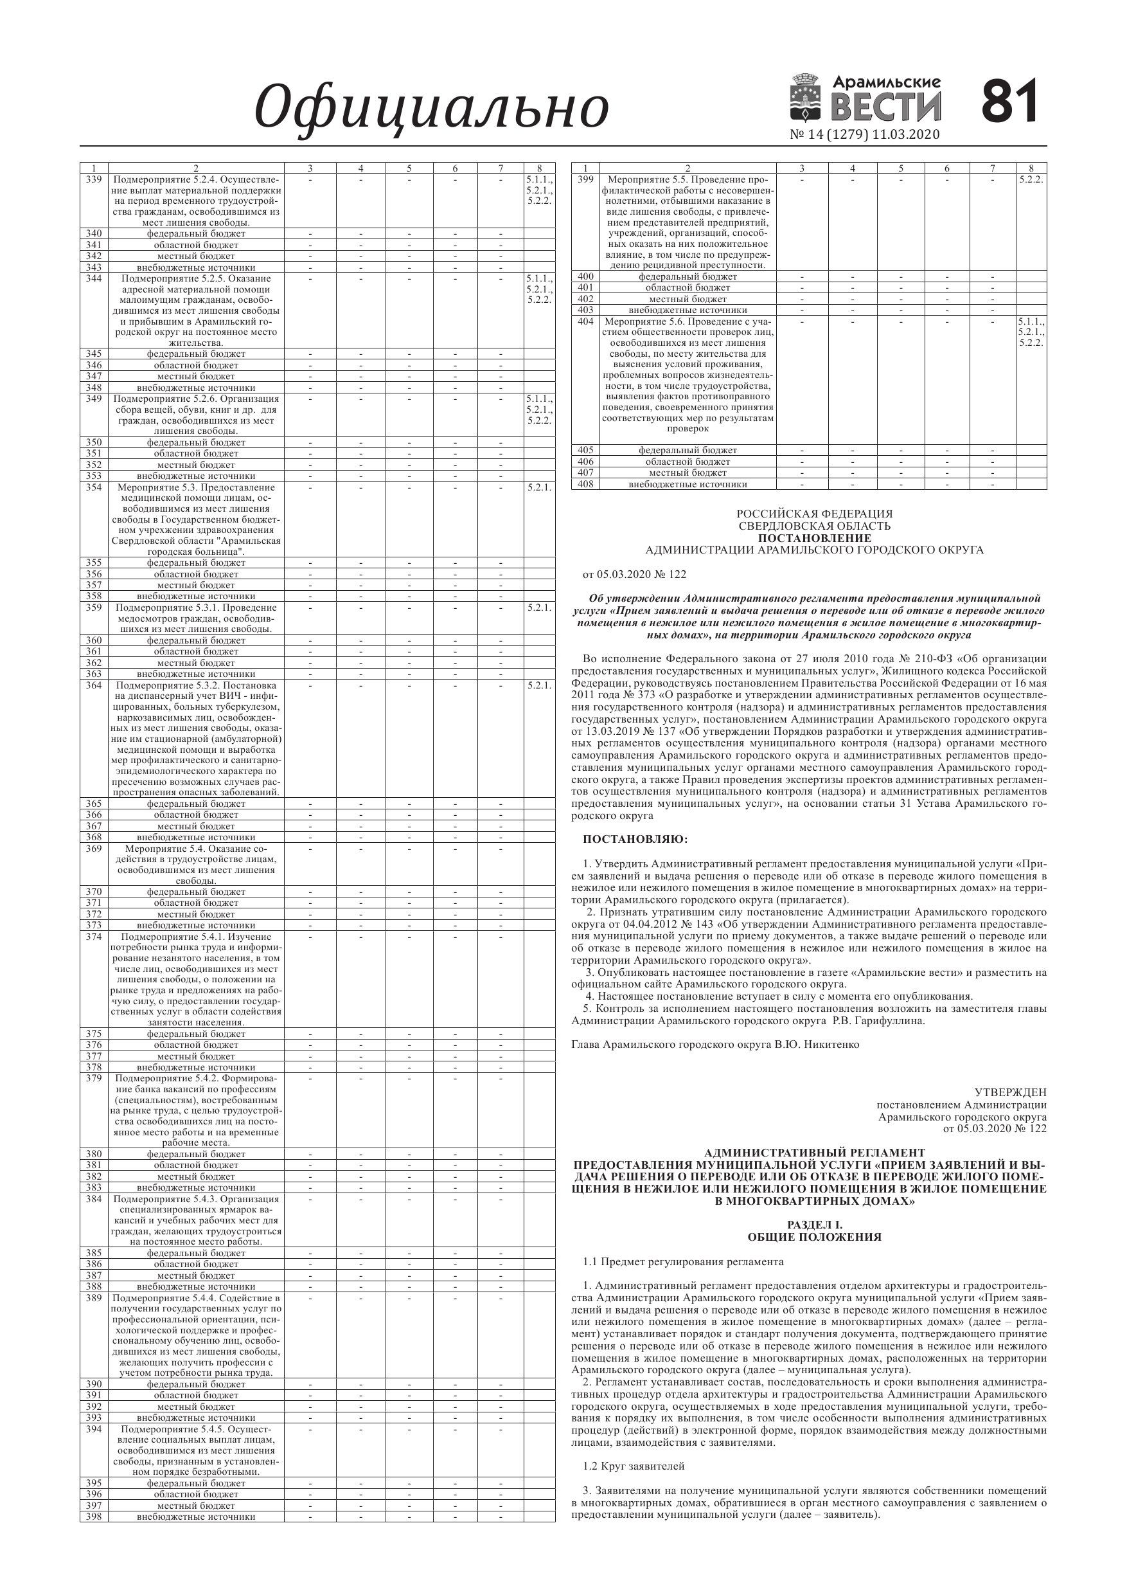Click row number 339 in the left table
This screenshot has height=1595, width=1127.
point(94,179)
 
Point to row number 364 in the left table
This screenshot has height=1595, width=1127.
point(94,685)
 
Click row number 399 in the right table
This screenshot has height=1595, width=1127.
point(585,179)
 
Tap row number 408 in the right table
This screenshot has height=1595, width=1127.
point(585,484)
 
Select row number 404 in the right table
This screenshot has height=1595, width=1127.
point(585,321)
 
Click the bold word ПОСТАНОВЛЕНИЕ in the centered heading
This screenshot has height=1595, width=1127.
point(815,537)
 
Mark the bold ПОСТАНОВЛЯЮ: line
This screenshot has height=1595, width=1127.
point(635,839)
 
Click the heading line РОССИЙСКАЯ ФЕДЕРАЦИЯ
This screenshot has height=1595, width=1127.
point(815,514)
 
